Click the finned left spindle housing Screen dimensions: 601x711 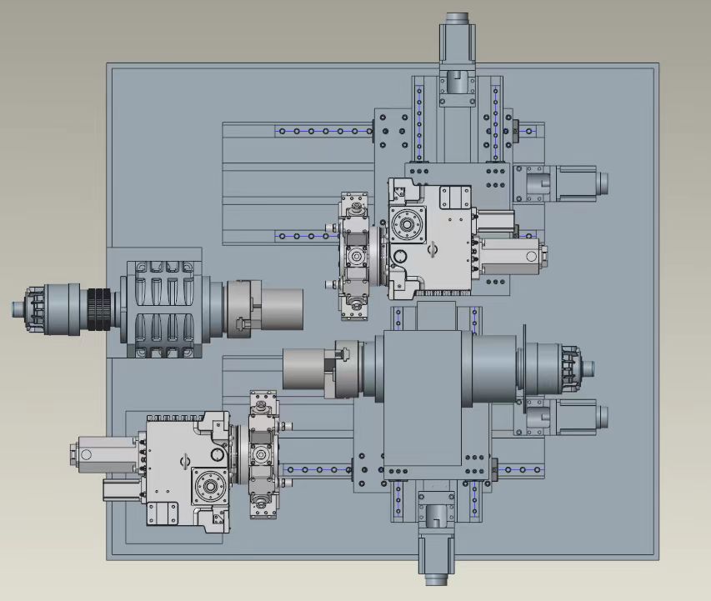coord(163,309)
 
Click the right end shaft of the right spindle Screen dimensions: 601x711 coord(588,368)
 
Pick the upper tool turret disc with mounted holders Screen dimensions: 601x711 coord(356,258)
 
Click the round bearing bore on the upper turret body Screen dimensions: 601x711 coord(409,225)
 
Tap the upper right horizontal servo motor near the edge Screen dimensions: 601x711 coord(575,182)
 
